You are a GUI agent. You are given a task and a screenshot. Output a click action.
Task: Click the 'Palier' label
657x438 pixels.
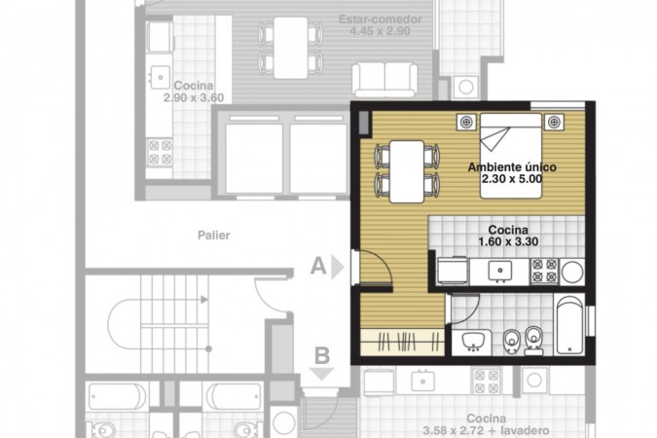coord(214,236)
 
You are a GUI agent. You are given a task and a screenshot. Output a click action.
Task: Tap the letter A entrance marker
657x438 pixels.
coord(318,266)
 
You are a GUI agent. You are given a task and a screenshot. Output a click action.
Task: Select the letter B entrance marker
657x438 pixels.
coord(322,356)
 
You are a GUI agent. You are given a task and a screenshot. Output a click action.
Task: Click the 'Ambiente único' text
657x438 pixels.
coord(512,167)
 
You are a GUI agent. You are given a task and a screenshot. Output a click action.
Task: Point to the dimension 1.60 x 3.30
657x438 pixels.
coord(508,241)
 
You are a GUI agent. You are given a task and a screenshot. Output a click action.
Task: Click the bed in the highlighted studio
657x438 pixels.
coord(511,156)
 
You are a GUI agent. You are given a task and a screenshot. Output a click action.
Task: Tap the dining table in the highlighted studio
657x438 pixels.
coord(407,172)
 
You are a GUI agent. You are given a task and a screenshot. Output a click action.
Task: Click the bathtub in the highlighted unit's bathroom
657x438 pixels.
coord(569,325)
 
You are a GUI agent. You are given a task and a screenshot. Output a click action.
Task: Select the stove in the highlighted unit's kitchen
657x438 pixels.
coord(544,271)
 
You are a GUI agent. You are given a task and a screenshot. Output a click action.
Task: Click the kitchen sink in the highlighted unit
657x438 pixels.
coord(500,271)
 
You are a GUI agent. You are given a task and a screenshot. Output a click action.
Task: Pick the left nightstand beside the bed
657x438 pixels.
coord(466,122)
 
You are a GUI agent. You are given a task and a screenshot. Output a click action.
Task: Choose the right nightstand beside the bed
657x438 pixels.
coord(554,122)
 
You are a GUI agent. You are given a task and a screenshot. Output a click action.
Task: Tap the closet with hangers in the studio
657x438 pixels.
coord(402,341)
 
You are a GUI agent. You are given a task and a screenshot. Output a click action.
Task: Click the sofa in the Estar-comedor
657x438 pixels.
coord(385,80)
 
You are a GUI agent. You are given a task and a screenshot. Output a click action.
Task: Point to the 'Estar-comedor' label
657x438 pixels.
coord(381,19)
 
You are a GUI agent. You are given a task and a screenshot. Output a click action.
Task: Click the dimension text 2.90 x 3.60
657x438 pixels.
coord(194,97)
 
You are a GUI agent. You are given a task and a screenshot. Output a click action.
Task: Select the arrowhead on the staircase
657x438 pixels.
coord(204,300)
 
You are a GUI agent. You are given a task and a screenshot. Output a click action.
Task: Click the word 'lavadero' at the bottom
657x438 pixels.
coord(525,430)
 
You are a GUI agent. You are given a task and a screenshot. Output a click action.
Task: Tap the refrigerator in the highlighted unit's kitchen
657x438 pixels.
coord(453,271)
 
